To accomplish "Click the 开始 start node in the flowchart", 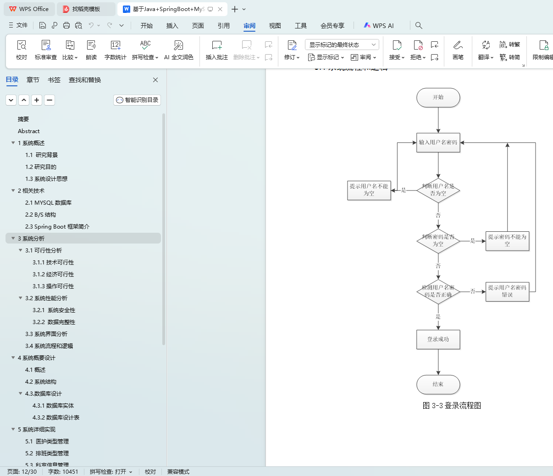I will point(438,97).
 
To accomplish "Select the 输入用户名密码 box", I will point(438,142).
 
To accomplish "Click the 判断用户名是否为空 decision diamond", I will point(438,190).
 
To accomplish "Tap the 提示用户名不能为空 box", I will point(369,190).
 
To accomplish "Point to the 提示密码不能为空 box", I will point(507,241).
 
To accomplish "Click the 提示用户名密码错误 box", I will point(507,291).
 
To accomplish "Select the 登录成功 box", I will point(438,339).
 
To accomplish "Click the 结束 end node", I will point(438,384).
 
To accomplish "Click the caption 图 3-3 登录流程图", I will point(452,405).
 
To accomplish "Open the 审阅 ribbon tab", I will point(249,26).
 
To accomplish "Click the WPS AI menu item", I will point(379,26).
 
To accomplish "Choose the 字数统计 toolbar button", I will point(115,50).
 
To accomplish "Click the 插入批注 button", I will point(217,50).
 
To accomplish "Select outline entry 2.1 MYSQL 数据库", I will point(48,202).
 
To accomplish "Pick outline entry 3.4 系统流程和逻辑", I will point(49,346).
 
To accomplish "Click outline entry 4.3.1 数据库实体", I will point(53,405).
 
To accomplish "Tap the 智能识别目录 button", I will point(137,100).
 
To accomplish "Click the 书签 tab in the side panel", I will point(54,80).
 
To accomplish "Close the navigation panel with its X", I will point(155,80).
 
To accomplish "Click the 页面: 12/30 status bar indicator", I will point(22,471).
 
